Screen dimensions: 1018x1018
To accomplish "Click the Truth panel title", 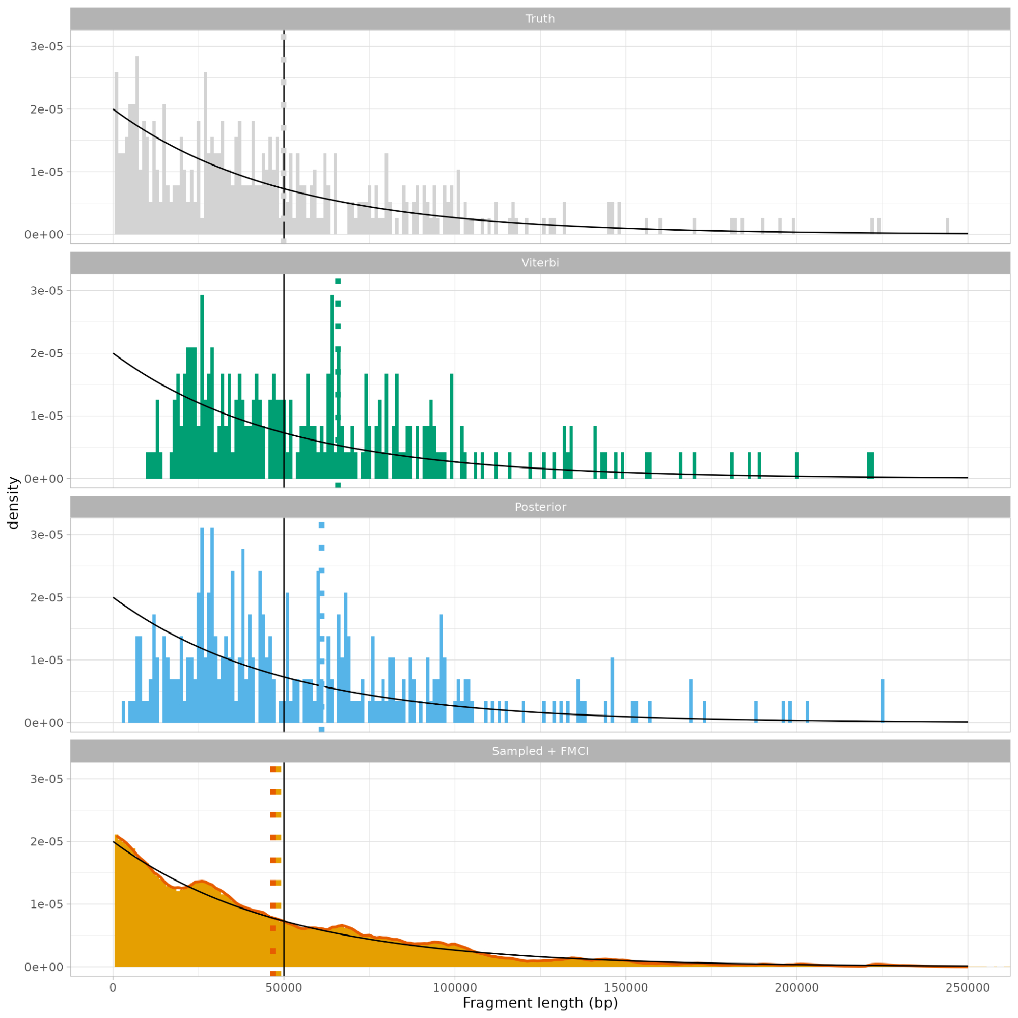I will (x=540, y=19).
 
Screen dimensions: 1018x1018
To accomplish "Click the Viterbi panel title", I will (x=540, y=263).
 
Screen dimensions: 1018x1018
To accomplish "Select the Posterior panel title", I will (x=540, y=507).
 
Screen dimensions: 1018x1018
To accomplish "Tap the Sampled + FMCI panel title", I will (x=540, y=751).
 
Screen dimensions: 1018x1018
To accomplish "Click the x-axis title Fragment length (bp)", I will (x=540, y=1003).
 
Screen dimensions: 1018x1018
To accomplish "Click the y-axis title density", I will (x=13, y=503).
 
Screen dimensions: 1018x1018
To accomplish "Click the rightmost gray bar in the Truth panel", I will (x=947, y=227).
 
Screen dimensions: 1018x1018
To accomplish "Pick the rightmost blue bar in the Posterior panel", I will (x=883, y=701).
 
